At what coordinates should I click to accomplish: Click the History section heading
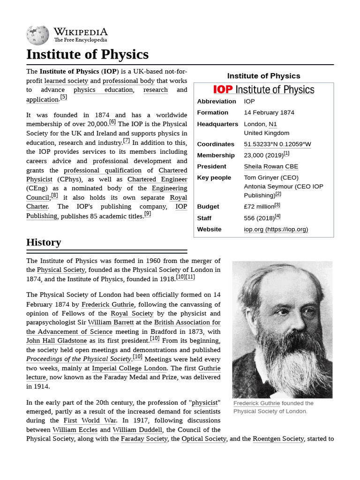[44, 242]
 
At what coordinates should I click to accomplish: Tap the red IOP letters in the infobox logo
[223, 90]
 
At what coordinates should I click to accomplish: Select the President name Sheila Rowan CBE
[271, 166]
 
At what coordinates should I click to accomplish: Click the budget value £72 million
[259, 206]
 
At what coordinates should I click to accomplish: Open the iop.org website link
[276, 229]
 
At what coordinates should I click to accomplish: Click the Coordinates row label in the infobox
[215, 144]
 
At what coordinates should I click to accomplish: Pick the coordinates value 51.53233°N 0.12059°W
[277, 144]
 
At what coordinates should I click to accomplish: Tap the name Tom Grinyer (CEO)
[271, 178]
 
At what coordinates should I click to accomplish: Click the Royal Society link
[132, 313]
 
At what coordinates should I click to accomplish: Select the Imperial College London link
[129, 368]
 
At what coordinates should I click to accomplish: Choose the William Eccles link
[75, 429]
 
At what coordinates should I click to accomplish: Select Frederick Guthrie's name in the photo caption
[256, 403]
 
